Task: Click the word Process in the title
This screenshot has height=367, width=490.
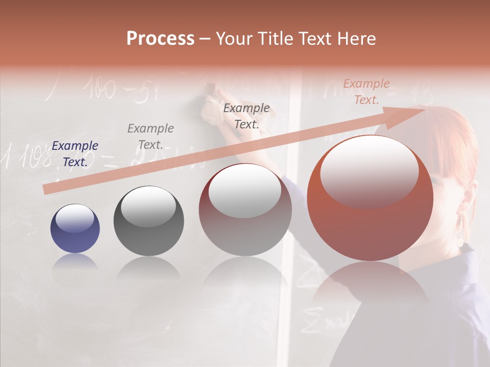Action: (160, 39)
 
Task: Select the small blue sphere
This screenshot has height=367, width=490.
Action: (75, 229)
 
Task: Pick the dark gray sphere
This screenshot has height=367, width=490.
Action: (149, 221)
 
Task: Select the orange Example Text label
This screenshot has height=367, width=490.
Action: (366, 92)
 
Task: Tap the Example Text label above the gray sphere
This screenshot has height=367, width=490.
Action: (151, 137)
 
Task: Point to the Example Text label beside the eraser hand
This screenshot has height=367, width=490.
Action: (247, 116)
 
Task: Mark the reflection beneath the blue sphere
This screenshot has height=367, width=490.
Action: (75, 263)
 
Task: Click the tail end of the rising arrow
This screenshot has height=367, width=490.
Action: (47, 190)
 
